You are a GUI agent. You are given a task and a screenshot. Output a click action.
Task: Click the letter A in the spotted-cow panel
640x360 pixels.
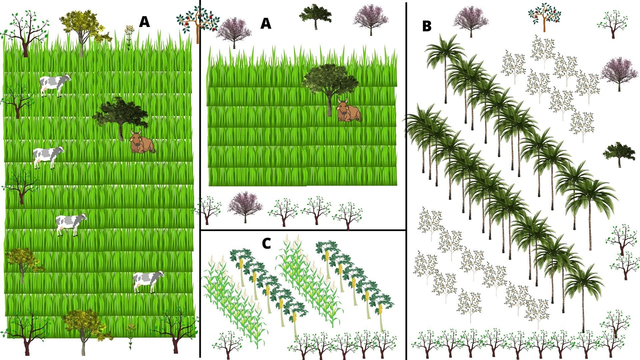(x=144, y=21)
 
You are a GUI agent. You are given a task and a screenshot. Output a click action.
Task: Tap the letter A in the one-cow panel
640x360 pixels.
(x=266, y=23)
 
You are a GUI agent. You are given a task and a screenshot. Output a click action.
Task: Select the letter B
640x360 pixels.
(x=427, y=27)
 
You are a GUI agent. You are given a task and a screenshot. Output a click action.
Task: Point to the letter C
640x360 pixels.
(x=267, y=243)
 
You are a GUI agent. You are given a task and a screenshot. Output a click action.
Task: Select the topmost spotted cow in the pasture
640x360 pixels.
(x=55, y=85)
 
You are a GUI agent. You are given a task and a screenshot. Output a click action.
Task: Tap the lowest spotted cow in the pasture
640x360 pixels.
(x=148, y=281)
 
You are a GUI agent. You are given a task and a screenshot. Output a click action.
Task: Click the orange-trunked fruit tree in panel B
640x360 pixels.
(x=544, y=16)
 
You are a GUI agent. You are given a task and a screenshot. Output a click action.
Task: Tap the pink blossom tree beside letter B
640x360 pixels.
(x=470, y=20)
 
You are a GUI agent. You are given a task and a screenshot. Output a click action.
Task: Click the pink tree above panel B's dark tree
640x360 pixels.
(x=619, y=73)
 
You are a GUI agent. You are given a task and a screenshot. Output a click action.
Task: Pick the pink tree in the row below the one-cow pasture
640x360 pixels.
(x=245, y=206)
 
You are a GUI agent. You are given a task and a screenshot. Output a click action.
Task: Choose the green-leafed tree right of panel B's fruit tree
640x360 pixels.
(x=612, y=23)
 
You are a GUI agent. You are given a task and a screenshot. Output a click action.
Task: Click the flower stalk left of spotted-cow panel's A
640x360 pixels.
(x=129, y=37)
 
